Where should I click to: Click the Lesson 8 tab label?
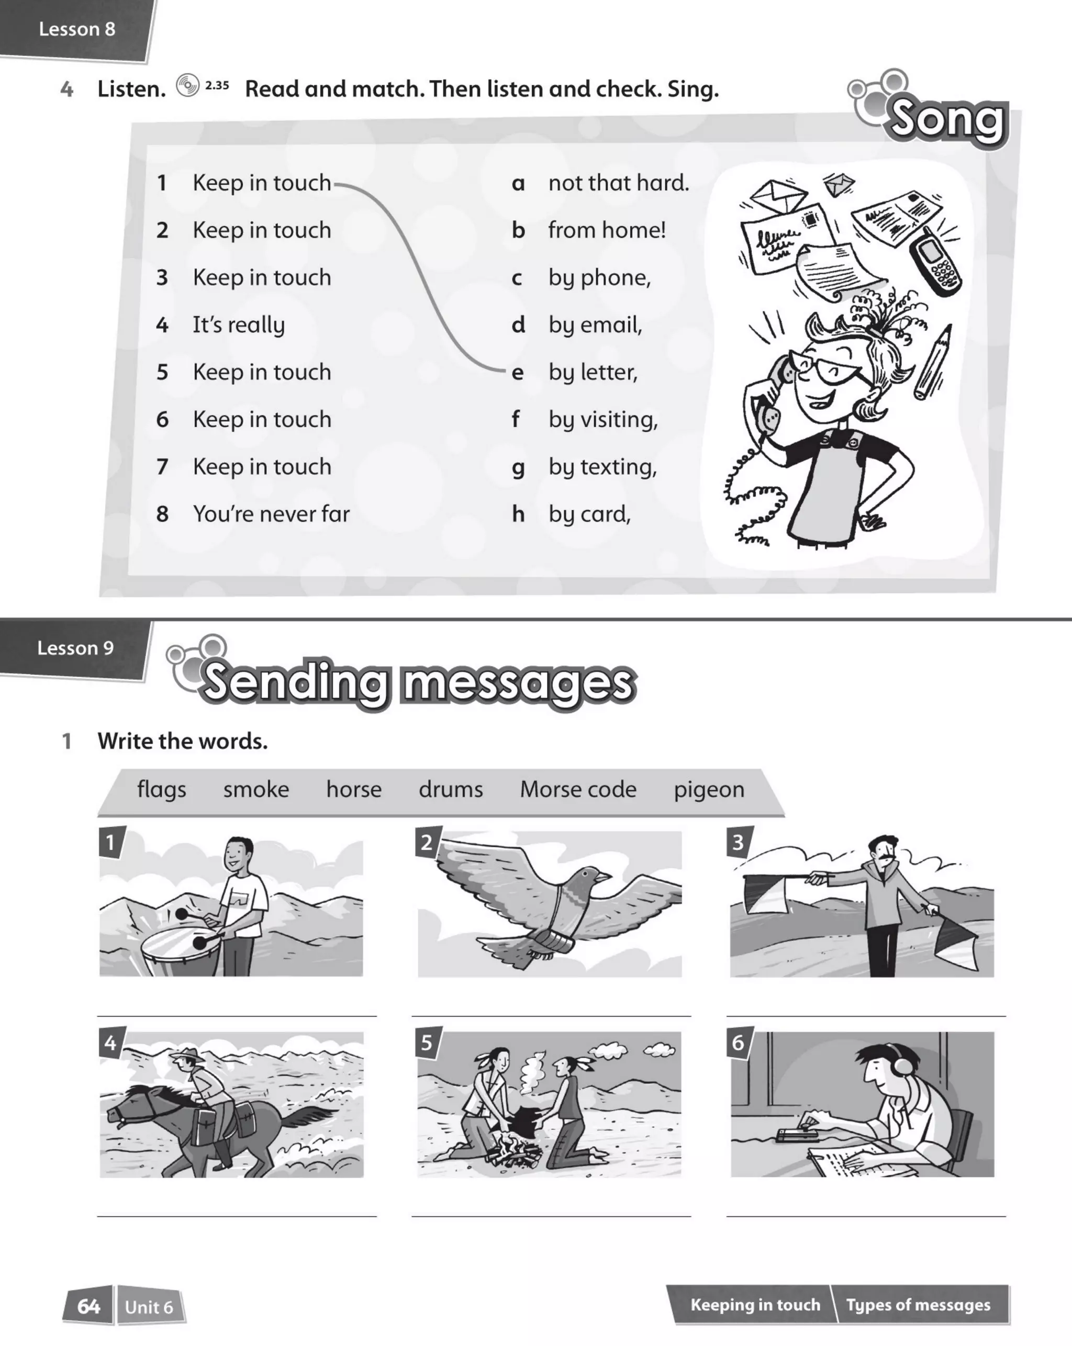(x=77, y=29)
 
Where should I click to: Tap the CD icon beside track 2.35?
(x=187, y=85)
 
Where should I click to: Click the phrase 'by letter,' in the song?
(x=593, y=372)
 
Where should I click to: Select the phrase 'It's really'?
(x=239, y=324)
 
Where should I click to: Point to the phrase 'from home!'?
(x=607, y=230)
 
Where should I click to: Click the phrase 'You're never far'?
(x=271, y=514)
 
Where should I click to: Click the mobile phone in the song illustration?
(x=935, y=262)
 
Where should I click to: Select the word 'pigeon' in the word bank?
(x=709, y=790)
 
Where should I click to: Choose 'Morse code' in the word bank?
(x=578, y=790)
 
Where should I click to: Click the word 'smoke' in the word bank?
(x=256, y=790)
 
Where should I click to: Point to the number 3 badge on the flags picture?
(x=739, y=842)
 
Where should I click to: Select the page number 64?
(x=88, y=1307)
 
